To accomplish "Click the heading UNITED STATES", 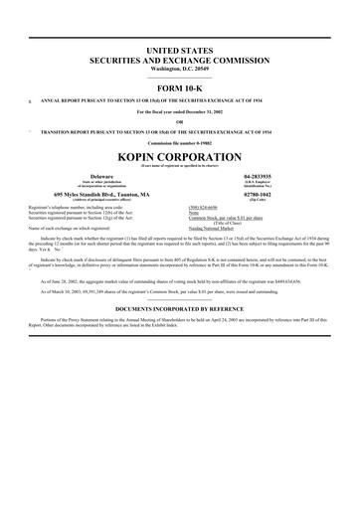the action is (180, 49).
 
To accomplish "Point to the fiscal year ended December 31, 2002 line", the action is (180, 111).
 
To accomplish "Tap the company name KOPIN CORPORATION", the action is (180, 158).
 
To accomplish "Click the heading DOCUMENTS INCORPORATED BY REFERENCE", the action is (180, 310).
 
